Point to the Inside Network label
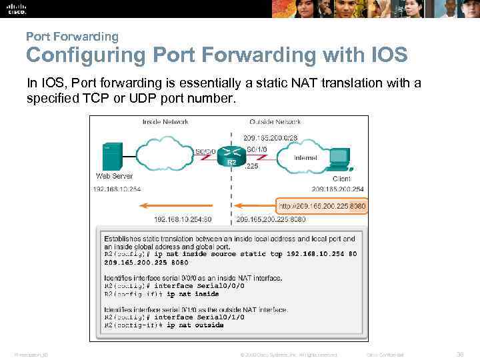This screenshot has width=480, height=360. coord(165,122)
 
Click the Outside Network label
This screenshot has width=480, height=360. coord(275,122)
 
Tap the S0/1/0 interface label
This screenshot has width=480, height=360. coord(257,149)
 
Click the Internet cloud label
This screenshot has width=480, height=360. coord(305,158)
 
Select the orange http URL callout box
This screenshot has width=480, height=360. coord(321,206)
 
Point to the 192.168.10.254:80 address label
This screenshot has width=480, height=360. coord(183,219)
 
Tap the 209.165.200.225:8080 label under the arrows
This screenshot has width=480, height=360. coord(271,219)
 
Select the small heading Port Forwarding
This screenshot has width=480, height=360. coord(72,37)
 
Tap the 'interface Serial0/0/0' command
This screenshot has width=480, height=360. coord(199,286)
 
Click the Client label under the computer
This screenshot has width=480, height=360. coord(341,179)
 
